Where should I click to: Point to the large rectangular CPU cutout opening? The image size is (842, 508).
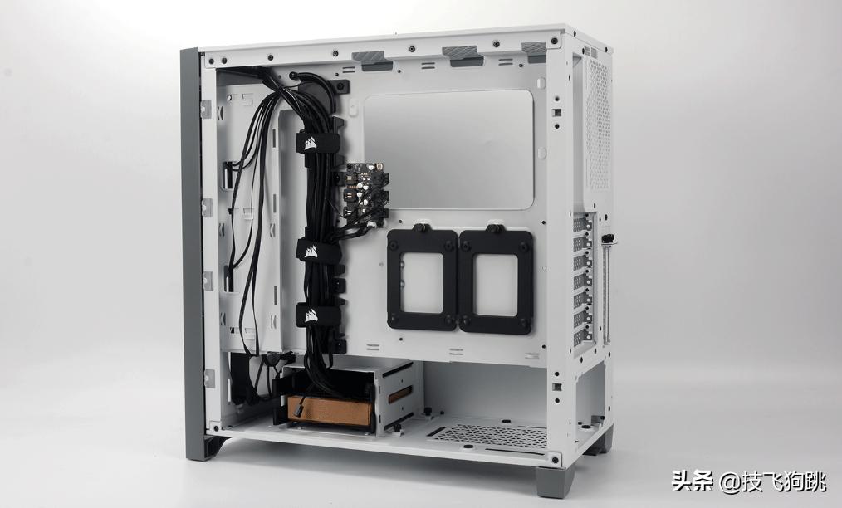[x=448, y=149]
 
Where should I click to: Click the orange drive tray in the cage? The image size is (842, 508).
[x=330, y=409]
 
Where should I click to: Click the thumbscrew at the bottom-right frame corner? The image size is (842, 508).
[x=554, y=457]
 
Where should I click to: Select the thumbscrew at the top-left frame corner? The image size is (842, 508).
[x=209, y=61]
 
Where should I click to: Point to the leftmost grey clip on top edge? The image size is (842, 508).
[x=370, y=58]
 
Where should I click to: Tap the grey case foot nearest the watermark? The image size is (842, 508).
[x=555, y=481]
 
